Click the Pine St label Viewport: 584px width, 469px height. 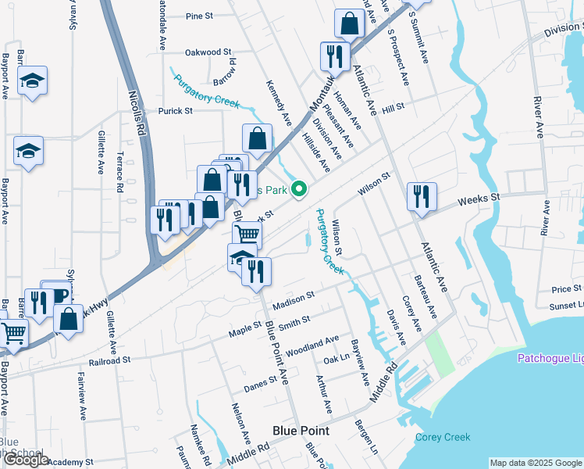pyautogui.click(x=201, y=16)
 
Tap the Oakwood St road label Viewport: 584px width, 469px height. pyautogui.click(x=208, y=52)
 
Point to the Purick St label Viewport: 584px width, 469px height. pyautogui.click(x=176, y=111)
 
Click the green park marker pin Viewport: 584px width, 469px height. pyautogui.click(x=297, y=188)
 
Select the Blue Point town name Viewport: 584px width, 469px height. pyautogui.click(x=301, y=431)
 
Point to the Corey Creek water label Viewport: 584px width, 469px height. pyautogui.click(x=443, y=438)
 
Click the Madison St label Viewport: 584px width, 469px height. pyautogui.click(x=294, y=299)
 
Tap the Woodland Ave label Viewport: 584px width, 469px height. pyautogui.click(x=312, y=345)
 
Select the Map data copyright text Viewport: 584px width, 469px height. pyautogui.click(x=535, y=463)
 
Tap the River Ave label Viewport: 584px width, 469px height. pyautogui.click(x=537, y=114)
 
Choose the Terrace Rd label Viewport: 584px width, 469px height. pyautogui.click(x=120, y=172)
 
